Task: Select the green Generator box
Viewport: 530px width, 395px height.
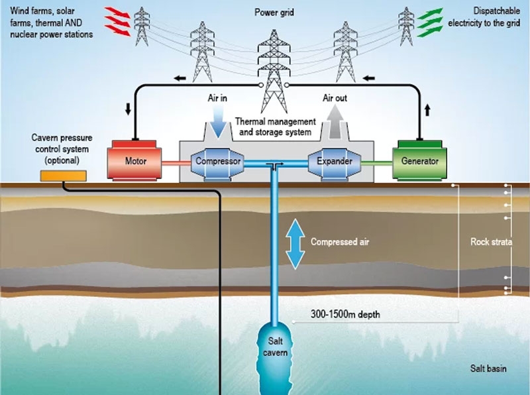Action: (x=415, y=160)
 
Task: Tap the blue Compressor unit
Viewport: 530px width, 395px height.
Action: (x=217, y=161)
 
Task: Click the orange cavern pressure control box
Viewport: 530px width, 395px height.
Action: (x=64, y=176)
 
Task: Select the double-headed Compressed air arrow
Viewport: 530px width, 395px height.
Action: (x=295, y=242)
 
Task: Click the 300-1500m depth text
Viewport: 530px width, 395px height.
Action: (x=346, y=315)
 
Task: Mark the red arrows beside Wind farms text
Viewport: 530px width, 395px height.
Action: (x=119, y=21)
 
